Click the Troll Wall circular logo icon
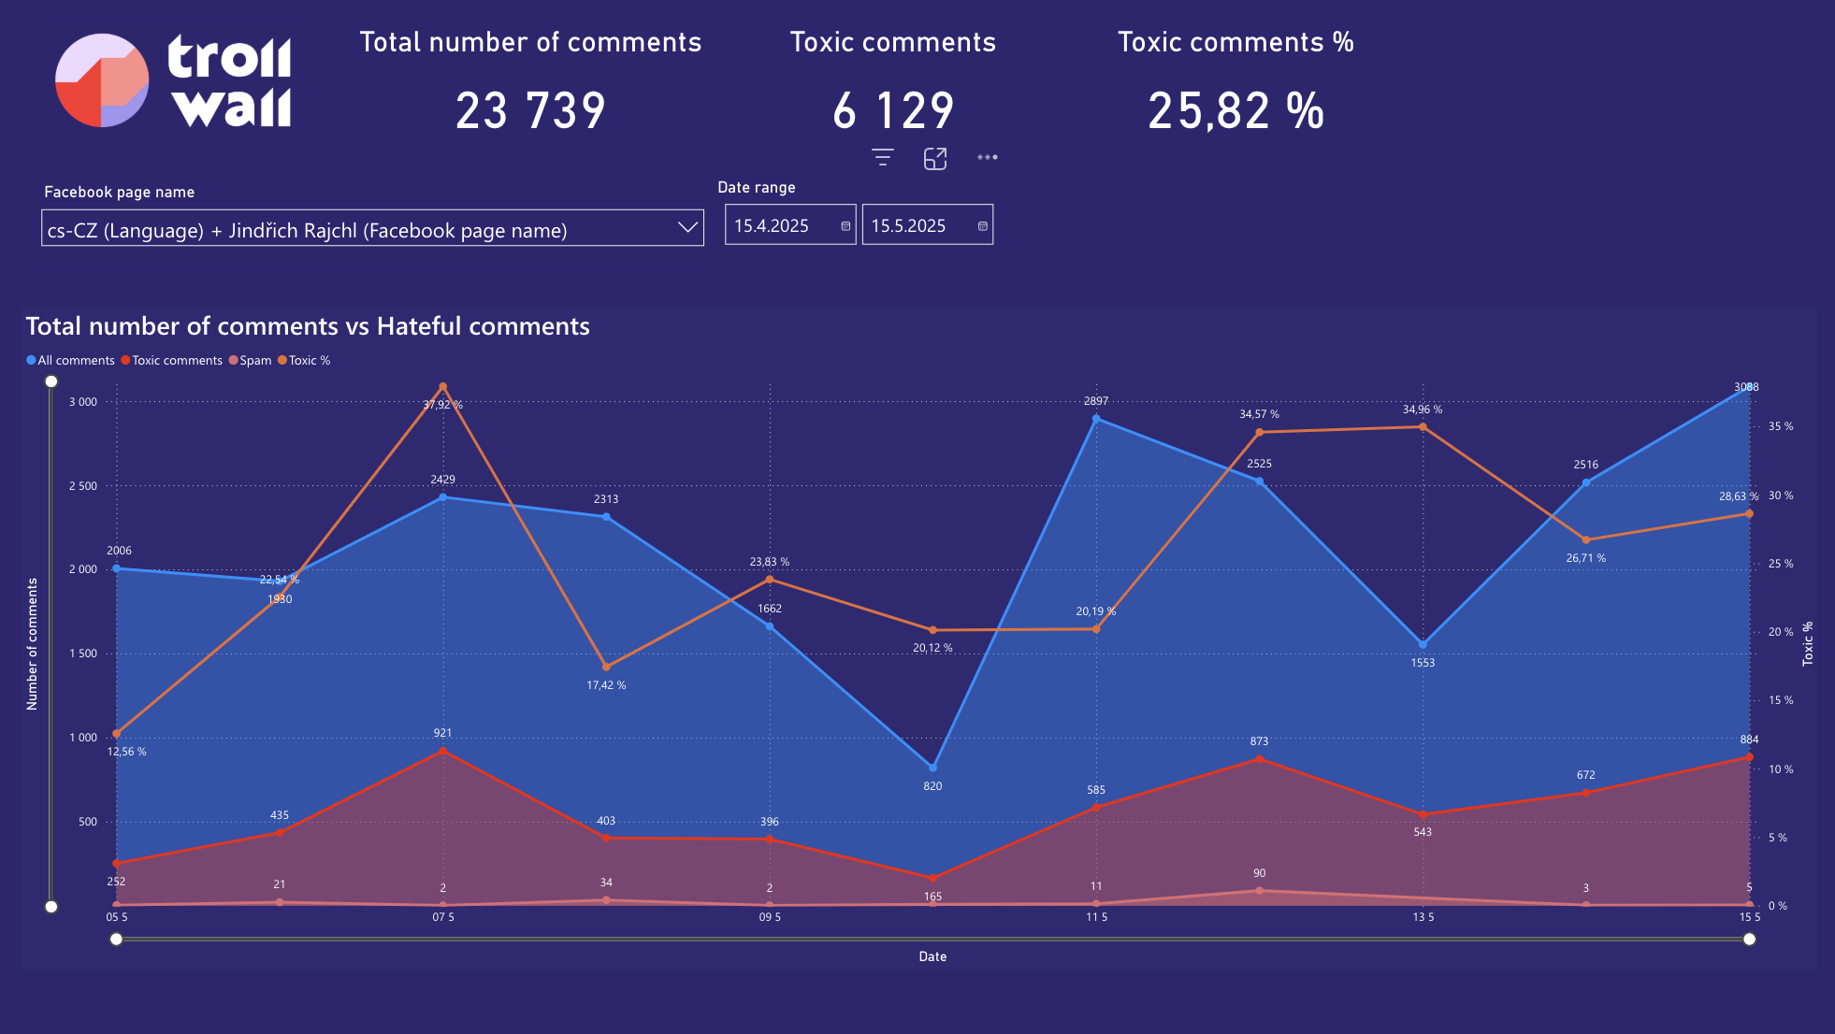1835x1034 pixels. point(102,80)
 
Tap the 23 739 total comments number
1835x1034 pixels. point(530,111)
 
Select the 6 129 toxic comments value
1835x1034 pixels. point(893,111)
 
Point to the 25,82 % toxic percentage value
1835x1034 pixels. point(1235,111)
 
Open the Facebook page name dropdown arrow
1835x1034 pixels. point(687,227)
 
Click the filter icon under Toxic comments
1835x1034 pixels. point(882,158)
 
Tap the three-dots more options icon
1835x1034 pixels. point(987,157)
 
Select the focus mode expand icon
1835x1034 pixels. point(935,159)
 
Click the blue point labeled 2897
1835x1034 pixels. point(1096,419)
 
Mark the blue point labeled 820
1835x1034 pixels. point(932,768)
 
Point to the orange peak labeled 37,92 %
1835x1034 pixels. point(442,387)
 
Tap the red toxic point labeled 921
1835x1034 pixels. point(442,751)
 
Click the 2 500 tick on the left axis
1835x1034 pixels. point(82,486)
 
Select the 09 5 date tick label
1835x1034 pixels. point(770,917)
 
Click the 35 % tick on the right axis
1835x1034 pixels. point(1780,426)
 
